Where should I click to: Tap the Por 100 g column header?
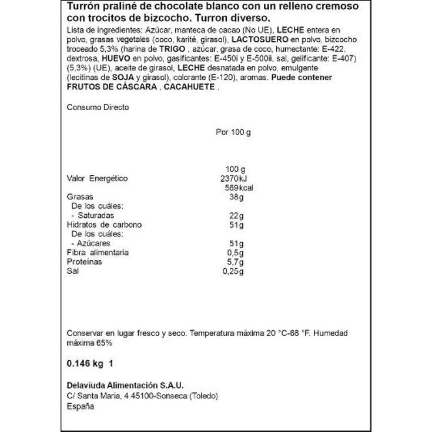pos(233,132)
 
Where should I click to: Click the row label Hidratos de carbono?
pos(104,225)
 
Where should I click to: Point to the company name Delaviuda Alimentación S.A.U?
pos(125,386)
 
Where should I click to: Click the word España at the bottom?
pos(79,405)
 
